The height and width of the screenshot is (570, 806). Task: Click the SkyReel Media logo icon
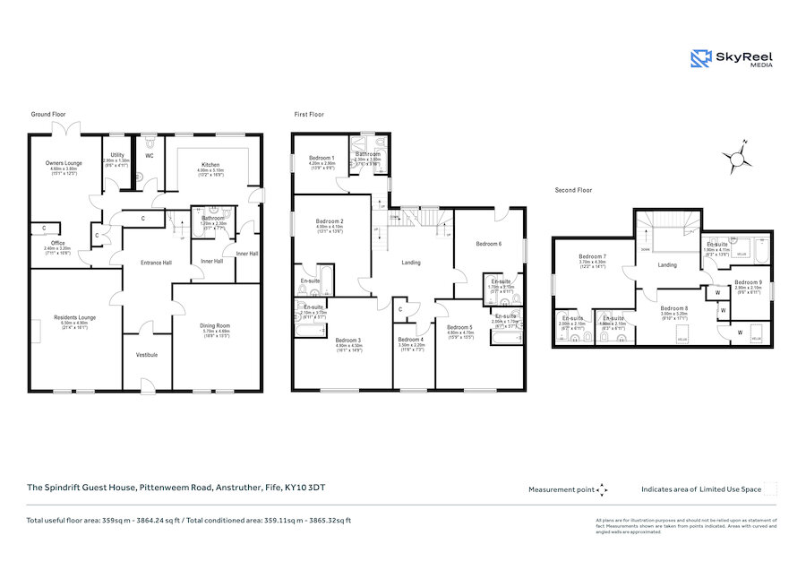click(700, 59)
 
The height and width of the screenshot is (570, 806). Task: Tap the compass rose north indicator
click(737, 159)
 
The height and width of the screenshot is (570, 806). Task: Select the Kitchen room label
click(210, 165)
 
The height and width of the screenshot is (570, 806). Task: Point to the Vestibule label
click(147, 355)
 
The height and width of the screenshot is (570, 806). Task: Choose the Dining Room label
click(210, 325)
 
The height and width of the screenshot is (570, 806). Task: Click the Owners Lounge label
click(64, 163)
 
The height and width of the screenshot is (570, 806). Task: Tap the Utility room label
click(117, 155)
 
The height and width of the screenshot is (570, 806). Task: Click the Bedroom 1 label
click(321, 159)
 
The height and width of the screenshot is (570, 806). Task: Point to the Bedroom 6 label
click(488, 244)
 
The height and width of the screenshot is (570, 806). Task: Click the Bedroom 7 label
click(592, 256)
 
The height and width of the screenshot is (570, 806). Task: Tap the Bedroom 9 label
click(748, 282)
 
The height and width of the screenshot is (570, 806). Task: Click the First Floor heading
click(309, 115)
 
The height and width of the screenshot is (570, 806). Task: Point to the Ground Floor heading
click(48, 115)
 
